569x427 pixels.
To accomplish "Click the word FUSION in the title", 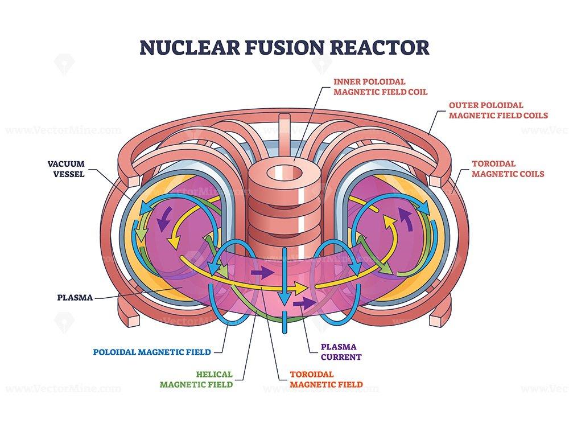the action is coord(284,48).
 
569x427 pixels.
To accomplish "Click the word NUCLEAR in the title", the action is coord(189,48).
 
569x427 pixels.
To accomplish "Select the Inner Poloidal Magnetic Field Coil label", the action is coord(380,87).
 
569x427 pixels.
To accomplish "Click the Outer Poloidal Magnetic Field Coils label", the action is coord(498,110).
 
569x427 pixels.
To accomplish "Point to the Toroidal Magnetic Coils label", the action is coord(508,169).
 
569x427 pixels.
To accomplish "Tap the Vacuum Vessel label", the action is coord(66,169).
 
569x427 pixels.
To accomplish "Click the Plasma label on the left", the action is coord(75,298).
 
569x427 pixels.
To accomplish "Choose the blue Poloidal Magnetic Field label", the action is coord(152,352).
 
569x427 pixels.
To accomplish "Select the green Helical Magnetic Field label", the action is coord(196,379).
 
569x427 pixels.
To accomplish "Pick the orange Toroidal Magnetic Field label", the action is coord(326,379).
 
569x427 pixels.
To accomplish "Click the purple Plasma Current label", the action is coord(341,352).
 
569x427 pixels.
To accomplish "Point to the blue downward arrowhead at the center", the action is coord(285,298).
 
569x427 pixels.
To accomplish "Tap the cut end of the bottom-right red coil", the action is coord(438,319).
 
